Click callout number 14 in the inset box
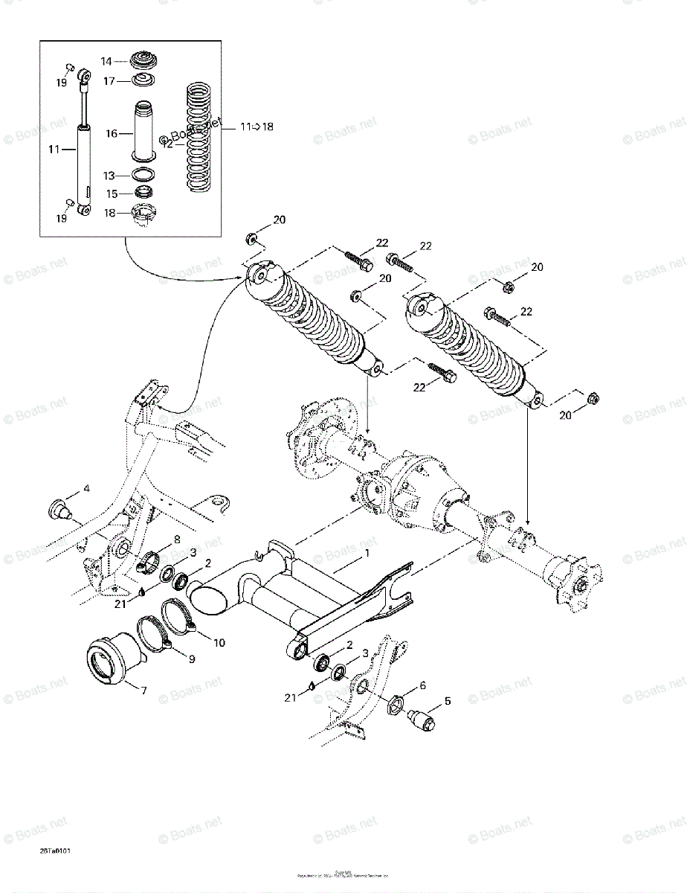click(106, 62)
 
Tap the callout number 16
click(111, 134)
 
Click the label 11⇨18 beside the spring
click(257, 127)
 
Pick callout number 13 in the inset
click(109, 176)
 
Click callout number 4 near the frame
click(86, 489)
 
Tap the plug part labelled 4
click(59, 510)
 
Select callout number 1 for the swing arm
click(366, 554)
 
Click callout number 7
click(143, 691)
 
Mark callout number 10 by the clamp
click(219, 642)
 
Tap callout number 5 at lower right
click(448, 700)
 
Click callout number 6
click(422, 685)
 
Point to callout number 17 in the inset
click(109, 80)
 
